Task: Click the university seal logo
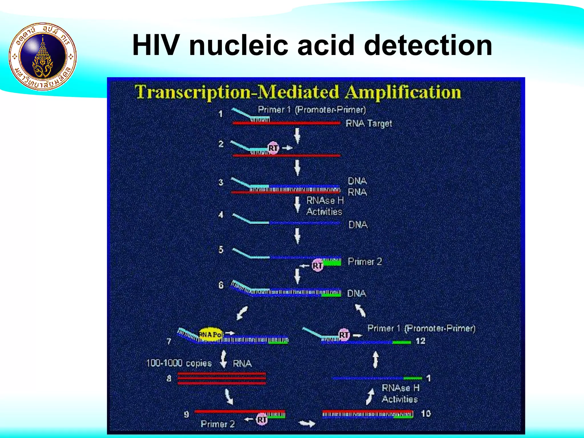43,56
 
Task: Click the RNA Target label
369,123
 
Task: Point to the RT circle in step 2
273,148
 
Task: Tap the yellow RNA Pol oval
210,334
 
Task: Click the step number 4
221,215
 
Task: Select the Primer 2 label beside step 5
365,261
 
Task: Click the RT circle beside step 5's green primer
317,265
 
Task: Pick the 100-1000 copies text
179,363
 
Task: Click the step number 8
169,378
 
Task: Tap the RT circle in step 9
262,419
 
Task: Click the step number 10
426,413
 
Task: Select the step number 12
420,341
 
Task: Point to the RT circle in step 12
344,334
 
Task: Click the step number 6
221,285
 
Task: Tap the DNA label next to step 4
358,225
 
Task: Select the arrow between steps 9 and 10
307,423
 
